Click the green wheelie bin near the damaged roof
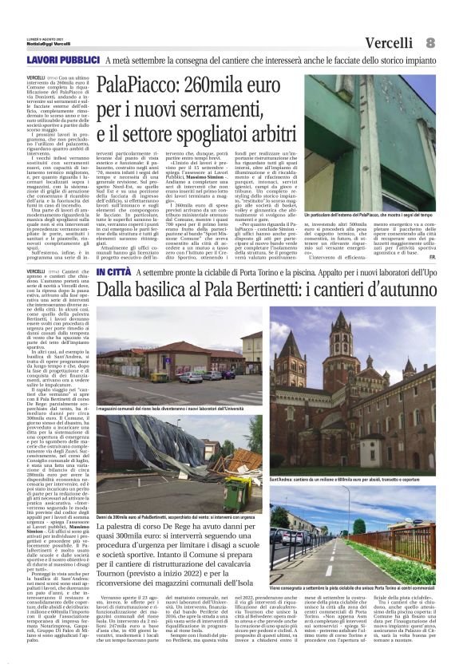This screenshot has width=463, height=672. point(239,491)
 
